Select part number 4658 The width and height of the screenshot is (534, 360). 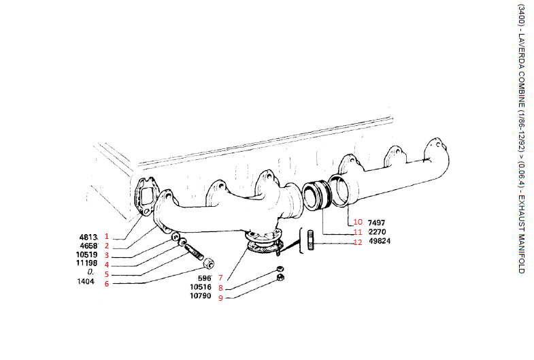coord(89,245)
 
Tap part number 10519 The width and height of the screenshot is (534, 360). coord(87,255)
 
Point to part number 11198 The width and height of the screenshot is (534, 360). coord(87,264)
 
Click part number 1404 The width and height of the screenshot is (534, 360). coord(86,282)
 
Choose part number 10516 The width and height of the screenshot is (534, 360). coord(201,287)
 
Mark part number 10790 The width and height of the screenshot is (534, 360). coord(201,297)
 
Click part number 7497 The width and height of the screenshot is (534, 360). coord(376,223)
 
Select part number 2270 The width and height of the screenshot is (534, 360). coord(378,232)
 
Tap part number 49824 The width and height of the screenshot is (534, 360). coord(380,242)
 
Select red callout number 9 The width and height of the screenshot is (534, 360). coord(220,297)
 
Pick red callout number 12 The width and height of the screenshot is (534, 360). coord(358,242)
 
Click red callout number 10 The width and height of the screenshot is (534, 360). coord(358,223)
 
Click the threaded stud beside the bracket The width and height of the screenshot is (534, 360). coord(310,240)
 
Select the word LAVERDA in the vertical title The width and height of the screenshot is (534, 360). coord(520,59)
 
